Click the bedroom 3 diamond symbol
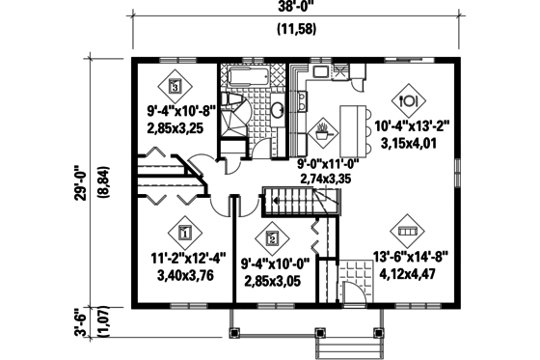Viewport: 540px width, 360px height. (175, 85)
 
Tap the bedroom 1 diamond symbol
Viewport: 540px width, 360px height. (184, 232)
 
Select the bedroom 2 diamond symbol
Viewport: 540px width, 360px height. (272, 237)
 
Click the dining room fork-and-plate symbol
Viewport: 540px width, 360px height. (406, 97)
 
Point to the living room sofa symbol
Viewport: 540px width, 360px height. (406, 233)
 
